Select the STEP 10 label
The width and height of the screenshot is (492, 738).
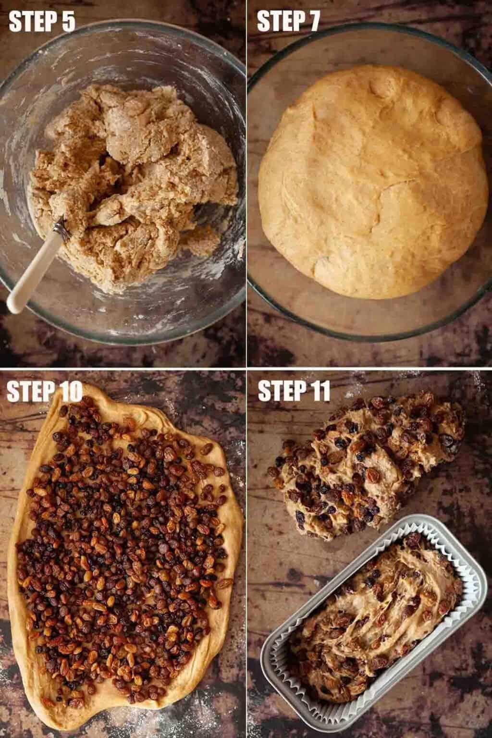[x=45, y=392]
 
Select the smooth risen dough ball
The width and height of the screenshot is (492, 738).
[x=373, y=182]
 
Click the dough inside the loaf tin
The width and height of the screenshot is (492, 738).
[x=376, y=613]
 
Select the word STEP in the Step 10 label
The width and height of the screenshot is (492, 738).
[x=25, y=392]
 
